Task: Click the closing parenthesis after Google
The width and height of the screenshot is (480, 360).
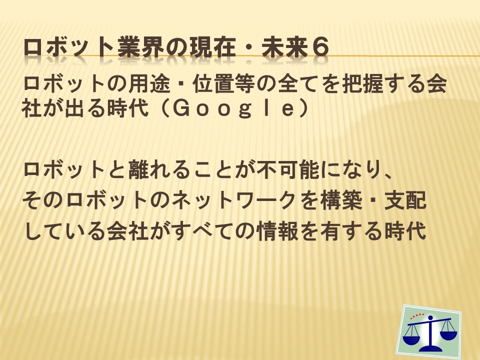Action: pyautogui.click(x=303, y=108)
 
